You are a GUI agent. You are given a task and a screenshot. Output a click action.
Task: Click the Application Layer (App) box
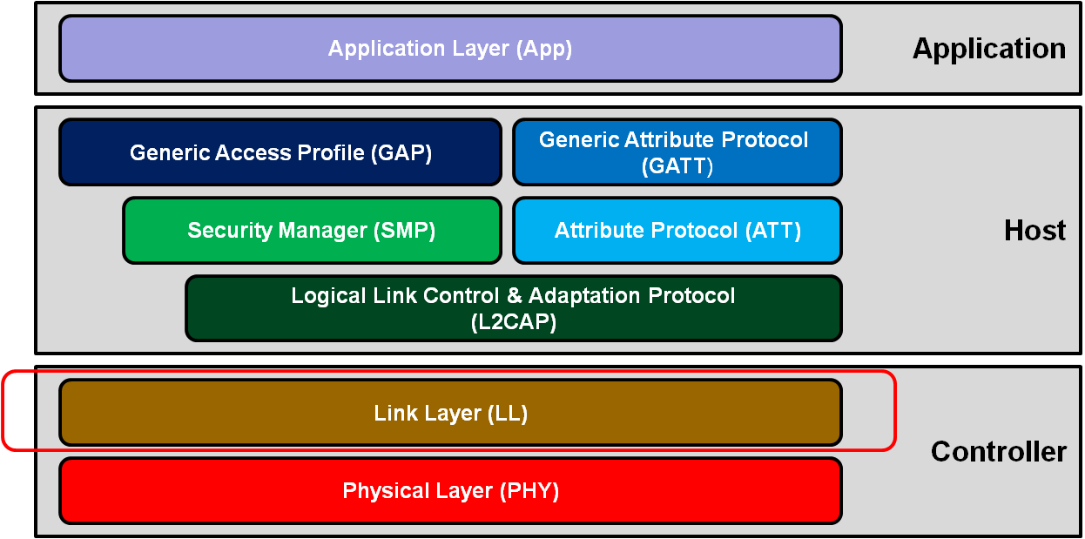point(450,48)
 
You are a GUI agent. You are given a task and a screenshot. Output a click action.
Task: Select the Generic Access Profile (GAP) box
point(280,152)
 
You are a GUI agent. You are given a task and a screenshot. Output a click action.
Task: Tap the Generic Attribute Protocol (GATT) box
point(677,152)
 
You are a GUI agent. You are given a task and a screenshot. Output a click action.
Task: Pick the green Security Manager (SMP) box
point(312,231)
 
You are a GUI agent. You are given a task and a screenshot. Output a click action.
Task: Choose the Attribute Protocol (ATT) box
point(677,231)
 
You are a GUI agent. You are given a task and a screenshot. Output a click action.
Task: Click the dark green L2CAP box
point(513,308)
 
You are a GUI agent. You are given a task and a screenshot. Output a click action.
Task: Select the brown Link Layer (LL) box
point(450,413)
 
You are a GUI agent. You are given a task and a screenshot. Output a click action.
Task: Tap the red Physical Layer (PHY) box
point(450,491)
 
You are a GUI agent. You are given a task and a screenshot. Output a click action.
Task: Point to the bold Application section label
point(988,49)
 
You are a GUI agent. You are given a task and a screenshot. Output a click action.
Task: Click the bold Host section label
point(1034,231)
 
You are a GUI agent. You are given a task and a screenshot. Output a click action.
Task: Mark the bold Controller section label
point(998,452)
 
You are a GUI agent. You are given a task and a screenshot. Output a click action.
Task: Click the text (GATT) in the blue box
point(677,165)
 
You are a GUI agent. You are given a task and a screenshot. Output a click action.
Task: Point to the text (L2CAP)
point(513,322)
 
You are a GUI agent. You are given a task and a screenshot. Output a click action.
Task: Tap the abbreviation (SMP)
point(404,231)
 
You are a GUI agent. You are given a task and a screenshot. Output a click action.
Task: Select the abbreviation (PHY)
point(529,491)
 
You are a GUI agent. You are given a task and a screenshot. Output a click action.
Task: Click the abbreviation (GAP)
point(401,153)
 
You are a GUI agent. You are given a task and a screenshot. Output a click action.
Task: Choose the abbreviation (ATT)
point(772,231)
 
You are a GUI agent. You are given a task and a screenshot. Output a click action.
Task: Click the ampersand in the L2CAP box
point(514,296)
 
